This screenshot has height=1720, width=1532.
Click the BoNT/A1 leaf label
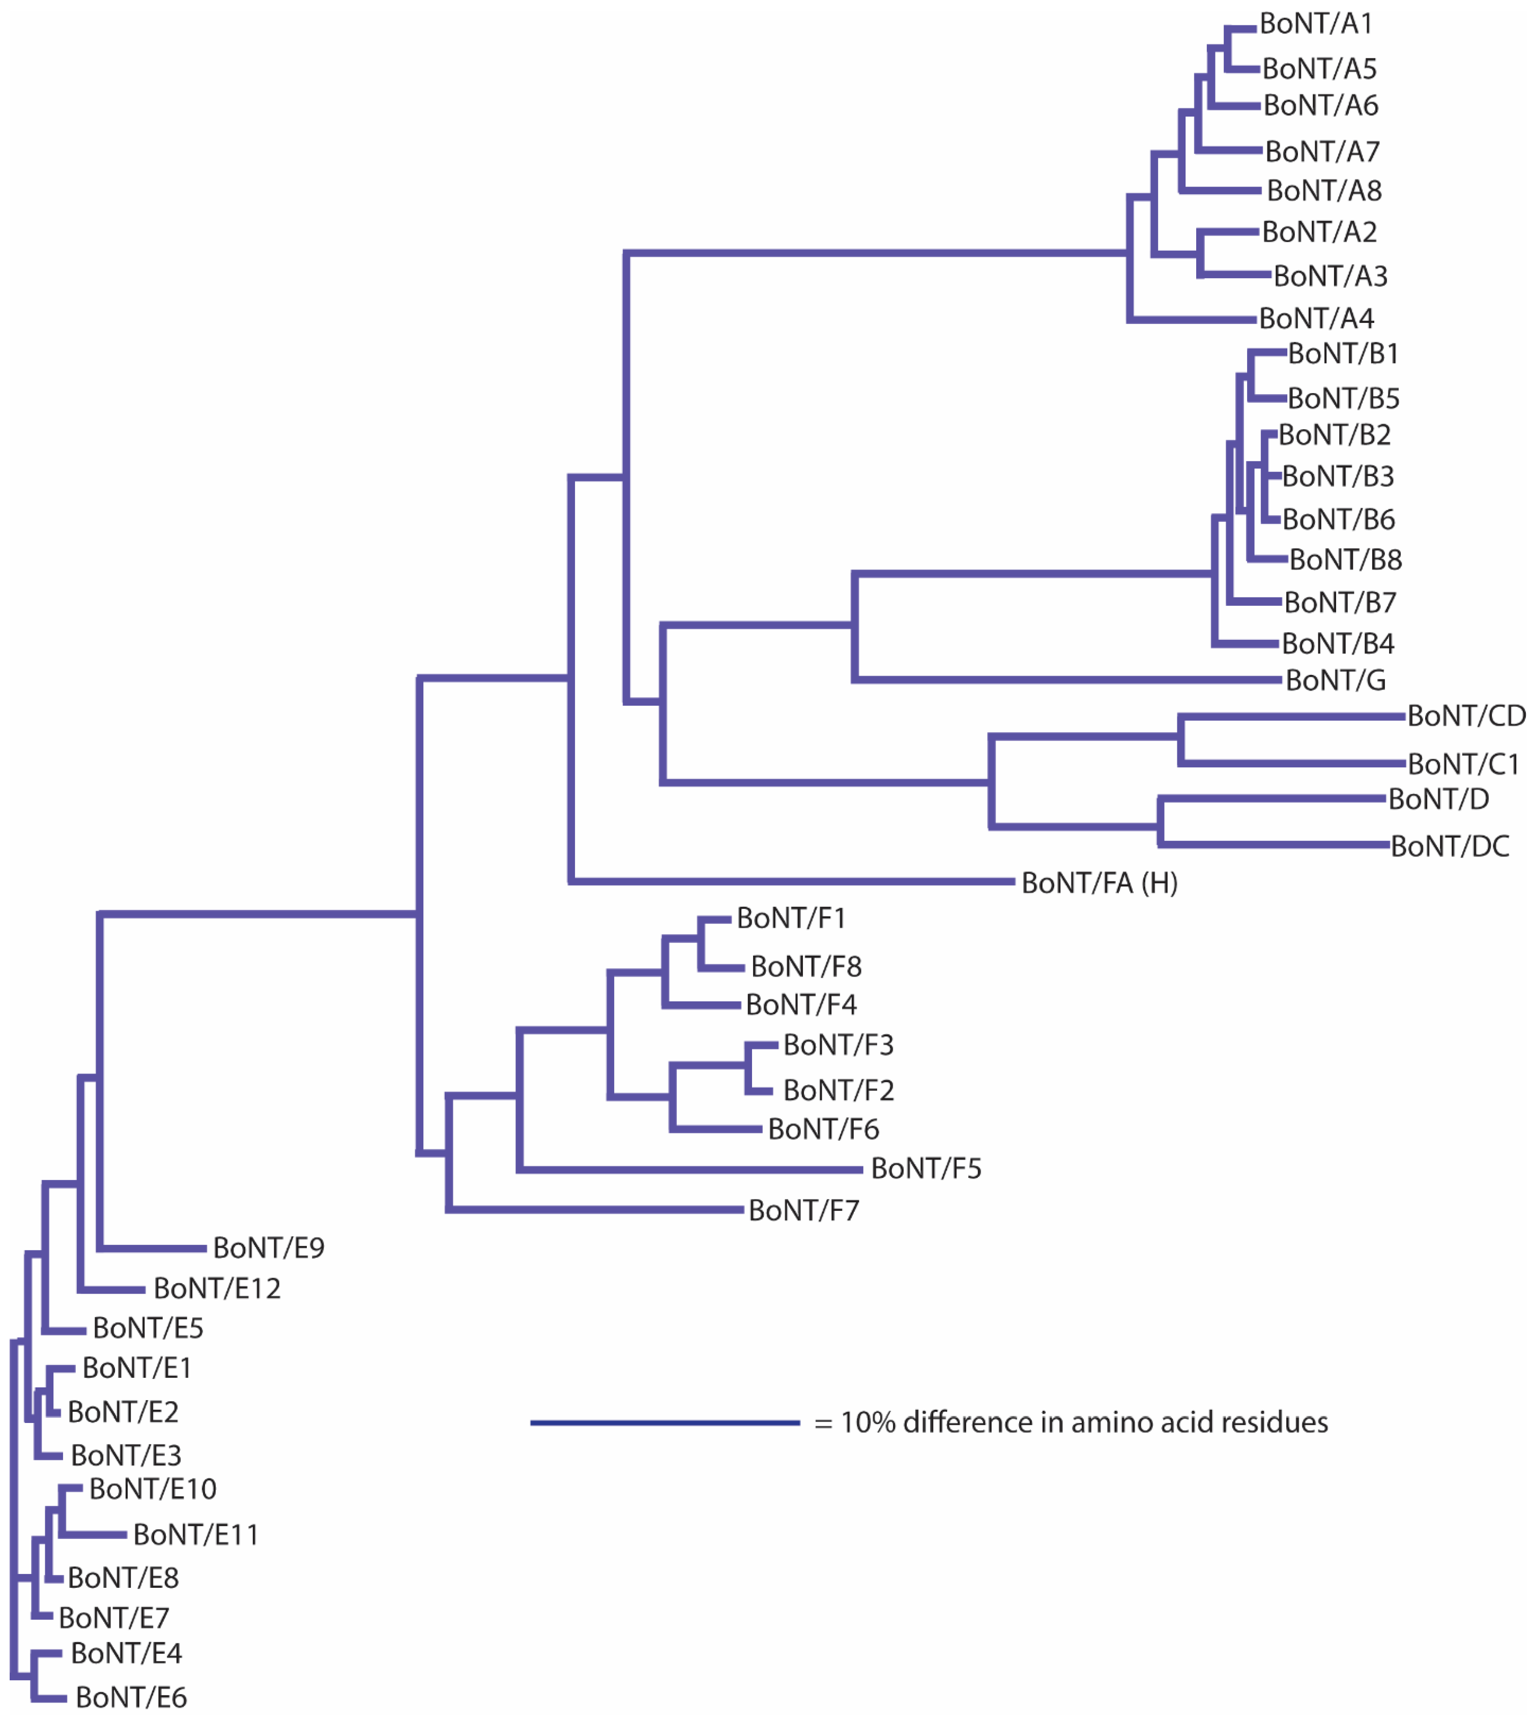coord(1316,24)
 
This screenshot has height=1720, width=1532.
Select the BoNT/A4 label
coord(1316,319)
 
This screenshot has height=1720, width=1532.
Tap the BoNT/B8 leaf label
coord(1345,559)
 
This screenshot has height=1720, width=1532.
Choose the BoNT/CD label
coord(1466,716)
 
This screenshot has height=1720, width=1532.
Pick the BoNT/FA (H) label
coord(1100,883)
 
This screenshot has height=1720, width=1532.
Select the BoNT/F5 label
coord(926,1169)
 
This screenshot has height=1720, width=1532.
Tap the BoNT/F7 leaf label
coord(804,1211)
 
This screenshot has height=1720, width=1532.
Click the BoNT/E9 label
coord(269,1248)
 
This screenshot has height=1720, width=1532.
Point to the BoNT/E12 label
coord(217,1288)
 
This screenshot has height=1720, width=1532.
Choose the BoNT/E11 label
coord(196,1535)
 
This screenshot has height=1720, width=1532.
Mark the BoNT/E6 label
coord(131,1697)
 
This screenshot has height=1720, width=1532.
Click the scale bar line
coord(665,1423)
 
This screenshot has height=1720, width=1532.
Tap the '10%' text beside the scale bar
coord(867,1423)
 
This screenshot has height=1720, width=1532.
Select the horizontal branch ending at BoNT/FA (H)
coord(791,882)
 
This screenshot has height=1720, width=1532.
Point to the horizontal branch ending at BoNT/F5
coord(690,1170)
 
